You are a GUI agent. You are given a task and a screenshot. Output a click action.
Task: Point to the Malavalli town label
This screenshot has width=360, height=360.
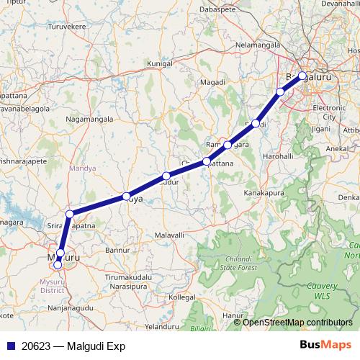point(171,235)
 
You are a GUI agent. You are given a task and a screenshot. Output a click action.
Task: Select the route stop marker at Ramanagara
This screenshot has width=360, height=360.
point(228,145)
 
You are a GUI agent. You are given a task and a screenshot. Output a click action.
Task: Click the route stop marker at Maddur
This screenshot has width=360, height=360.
point(166,176)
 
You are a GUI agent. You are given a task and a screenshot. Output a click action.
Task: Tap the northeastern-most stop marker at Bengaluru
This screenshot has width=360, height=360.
point(302,76)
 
